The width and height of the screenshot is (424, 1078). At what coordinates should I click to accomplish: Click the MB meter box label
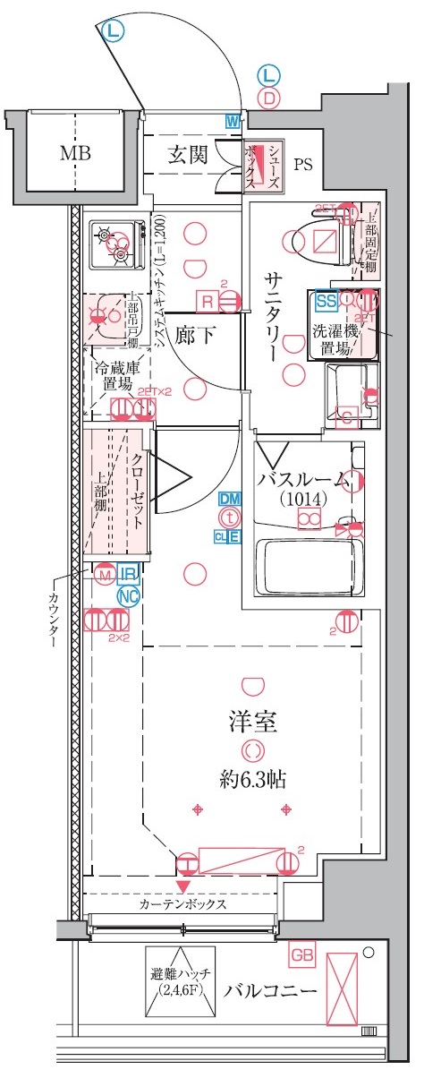point(75,153)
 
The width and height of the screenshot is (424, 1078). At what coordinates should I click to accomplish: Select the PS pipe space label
point(305,164)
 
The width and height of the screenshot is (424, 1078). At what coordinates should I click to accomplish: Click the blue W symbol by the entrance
point(233,121)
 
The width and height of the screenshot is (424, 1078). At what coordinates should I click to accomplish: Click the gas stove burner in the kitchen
point(116,241)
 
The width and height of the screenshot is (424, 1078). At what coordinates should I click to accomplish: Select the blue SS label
point(326,301)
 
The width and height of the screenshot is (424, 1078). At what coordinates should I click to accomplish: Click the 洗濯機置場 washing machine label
point(338,338)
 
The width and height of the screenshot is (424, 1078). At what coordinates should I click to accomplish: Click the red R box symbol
point(208,303)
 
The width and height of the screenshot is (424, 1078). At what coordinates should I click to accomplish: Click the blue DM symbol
point(230,498)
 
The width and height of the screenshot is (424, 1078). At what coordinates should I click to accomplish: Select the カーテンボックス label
point(182,904)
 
